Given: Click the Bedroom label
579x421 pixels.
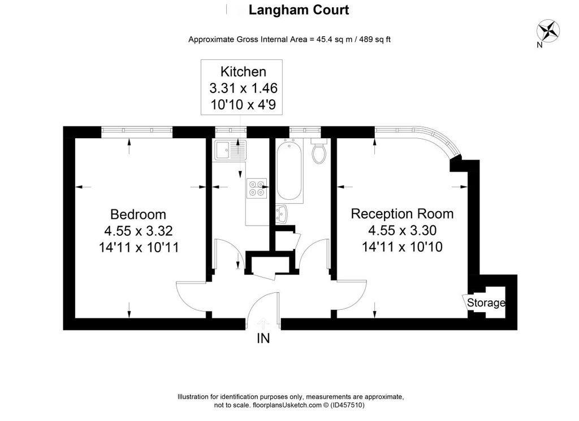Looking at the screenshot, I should [x=138, y=214].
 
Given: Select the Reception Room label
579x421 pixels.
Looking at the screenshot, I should [x=402, y=214].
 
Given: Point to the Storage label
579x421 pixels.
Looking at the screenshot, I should [x=486, y=303].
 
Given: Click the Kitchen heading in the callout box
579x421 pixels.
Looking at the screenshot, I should [x=243, y=72].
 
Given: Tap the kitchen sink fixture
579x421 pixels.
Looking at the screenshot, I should [x=230, y=150].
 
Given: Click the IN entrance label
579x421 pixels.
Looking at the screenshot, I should [x=263, y=339].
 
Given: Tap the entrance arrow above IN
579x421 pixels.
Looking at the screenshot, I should [x=263, y=323].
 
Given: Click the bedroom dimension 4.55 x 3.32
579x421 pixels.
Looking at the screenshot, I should [x=138, y=231].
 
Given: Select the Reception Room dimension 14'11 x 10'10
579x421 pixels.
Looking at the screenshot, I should [x=402, y=247].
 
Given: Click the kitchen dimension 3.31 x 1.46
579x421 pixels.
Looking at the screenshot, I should [x=243, y=88].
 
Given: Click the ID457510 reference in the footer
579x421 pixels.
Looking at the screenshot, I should [x=348, y=405].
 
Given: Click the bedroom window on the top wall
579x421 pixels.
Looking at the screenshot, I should [x=137, y=131].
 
